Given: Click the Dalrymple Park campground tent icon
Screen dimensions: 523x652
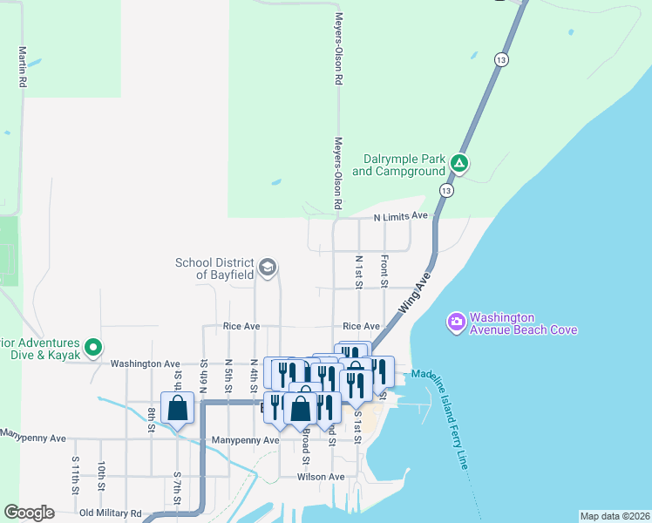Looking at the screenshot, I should point(459,163).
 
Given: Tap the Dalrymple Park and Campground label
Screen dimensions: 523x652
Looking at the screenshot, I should point(398,166).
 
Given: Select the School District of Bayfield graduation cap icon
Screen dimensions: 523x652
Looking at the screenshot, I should point(268,267).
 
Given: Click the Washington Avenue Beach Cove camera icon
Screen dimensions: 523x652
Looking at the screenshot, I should point(456,323).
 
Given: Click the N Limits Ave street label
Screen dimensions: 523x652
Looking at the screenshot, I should point(401,216).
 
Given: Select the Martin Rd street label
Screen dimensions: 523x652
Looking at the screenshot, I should point(22,66).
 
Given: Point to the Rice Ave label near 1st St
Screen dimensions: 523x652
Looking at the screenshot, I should point(361,326).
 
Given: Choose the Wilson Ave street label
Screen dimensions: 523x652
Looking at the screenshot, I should point(321,477).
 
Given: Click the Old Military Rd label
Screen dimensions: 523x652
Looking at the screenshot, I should point(110,513).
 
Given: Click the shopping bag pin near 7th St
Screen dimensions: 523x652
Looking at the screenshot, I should point(178,408).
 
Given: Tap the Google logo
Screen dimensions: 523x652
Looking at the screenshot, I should point(29,513).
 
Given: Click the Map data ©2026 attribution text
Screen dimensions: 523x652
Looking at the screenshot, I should point(614,516).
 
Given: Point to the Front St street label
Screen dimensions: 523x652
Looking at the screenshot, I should point(384,269).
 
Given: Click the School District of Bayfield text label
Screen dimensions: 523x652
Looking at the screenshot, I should point(214,268).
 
